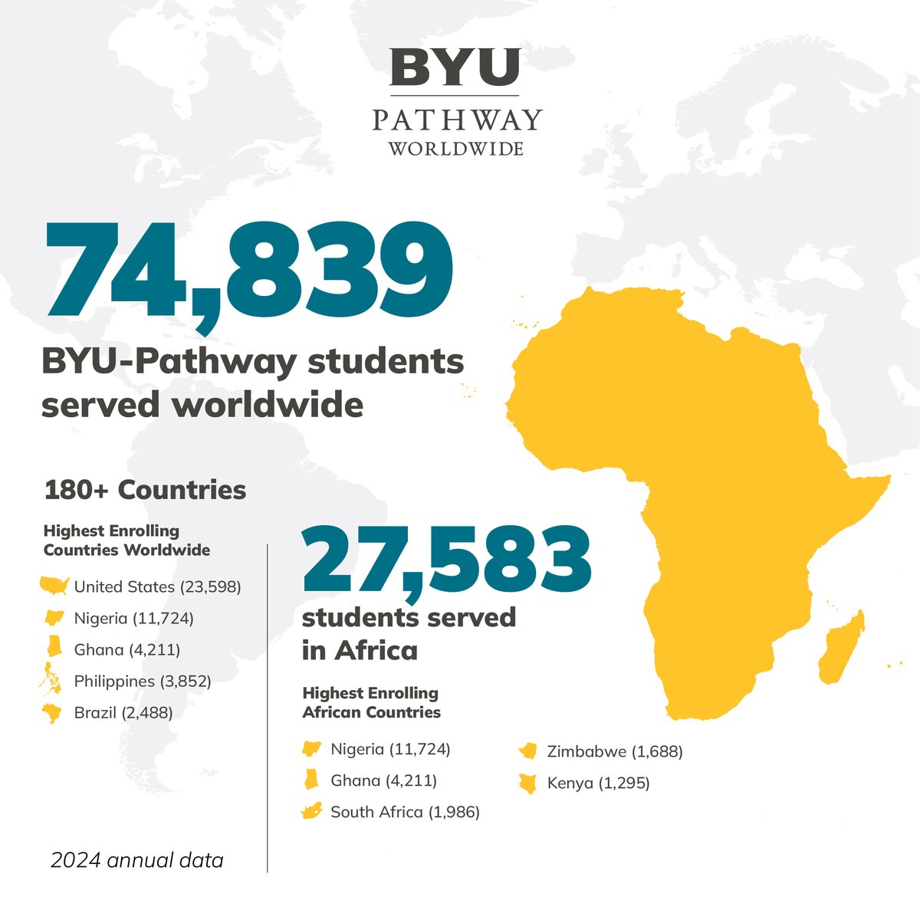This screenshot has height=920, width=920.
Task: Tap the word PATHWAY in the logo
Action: pos(457,120)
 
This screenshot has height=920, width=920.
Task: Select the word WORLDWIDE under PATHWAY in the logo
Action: pos(456,148)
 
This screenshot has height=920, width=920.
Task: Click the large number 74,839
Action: pos(250,270)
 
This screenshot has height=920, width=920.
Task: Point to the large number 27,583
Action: pos(447,559)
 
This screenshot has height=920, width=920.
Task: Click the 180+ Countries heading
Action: pos(145,490)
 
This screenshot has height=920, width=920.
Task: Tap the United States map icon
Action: pos(54,586)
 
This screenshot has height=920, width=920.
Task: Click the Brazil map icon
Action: pos(53,713)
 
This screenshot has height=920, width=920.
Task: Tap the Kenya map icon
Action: pos(527,784)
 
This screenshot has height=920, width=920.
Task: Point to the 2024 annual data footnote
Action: pos(137,860)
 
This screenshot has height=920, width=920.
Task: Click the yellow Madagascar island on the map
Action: pos(842,648)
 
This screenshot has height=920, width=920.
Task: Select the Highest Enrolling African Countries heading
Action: pos(371,702)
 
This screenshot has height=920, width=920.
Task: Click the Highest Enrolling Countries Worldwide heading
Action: pos(127,540)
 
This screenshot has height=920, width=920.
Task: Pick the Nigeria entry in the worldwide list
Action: pos(133,618)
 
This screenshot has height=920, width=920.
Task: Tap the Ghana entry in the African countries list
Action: pos(383,780)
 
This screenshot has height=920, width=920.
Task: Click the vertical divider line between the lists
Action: pos(268,705)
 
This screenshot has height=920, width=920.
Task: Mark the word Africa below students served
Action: pos(376,650)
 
